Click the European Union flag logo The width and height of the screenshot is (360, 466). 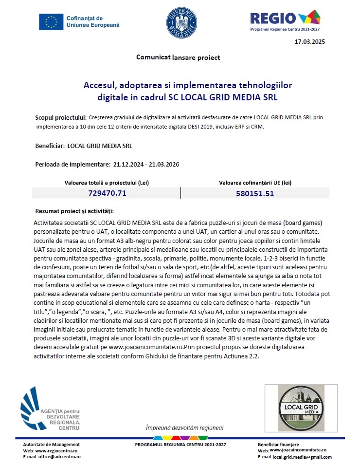tap(51, 21)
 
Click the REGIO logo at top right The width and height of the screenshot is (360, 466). tap(285, 20)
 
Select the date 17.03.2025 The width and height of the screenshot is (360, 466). tap(310, 42)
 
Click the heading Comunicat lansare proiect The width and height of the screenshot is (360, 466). tap(178, 57)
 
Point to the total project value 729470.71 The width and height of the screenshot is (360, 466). tap(107, 193)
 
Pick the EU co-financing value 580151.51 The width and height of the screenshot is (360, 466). tap(255, 193)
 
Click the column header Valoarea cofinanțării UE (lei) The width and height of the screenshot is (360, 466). tap(255, 183)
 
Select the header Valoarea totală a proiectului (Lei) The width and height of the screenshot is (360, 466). tap(107, 183)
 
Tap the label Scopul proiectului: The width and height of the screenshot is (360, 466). tap(61, 118)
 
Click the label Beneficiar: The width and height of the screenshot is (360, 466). tap(50, 146)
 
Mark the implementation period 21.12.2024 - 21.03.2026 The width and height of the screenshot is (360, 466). tap(146, 164)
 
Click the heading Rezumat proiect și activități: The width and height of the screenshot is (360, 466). tap(74, 211)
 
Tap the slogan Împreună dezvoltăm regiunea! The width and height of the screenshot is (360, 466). tap(184, 428)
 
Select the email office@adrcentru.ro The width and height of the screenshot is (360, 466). tap(58, 457)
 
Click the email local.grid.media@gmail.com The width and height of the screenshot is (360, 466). tap(302, 457)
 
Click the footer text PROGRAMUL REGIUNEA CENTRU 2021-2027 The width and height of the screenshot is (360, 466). tap(180, 445)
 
